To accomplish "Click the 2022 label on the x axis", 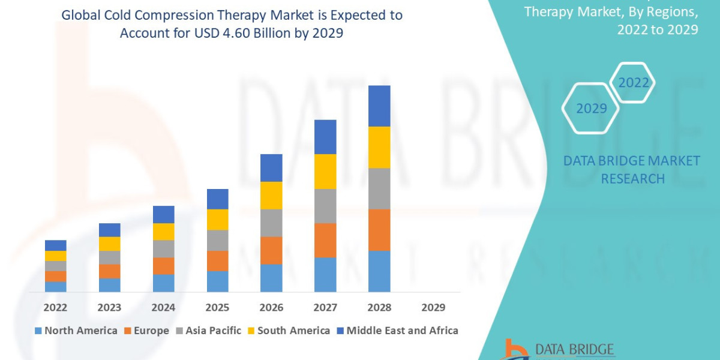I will coord(55,307).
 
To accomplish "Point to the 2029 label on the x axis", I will coord(433,307).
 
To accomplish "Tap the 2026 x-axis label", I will coord(271,307).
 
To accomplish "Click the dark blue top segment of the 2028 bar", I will coord(379,106).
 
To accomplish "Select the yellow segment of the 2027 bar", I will coord(325,172).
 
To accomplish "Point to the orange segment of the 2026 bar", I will coord(271,250).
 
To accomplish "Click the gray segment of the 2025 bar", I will coord(217,240).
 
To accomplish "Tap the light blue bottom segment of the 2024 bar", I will coord(163,283).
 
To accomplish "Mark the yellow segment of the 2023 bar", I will coord(109,244).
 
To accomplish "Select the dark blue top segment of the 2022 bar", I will coord(55,245).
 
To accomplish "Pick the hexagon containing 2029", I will coord(590,109).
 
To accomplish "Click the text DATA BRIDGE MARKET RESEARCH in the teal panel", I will coord(632,169).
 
